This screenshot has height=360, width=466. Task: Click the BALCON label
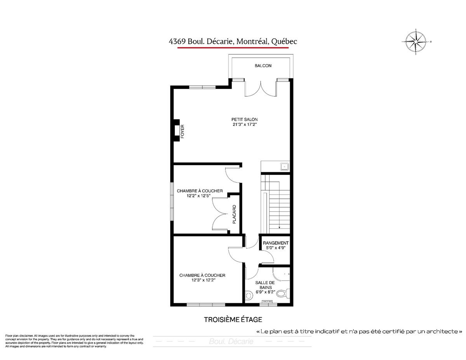click(263, 66)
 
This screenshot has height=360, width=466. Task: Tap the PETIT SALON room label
click(244, 119)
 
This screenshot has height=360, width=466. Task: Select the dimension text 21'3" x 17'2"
click(244, 125)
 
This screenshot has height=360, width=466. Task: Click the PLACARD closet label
click(234, 214)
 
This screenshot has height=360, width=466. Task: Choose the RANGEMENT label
click(275, 243)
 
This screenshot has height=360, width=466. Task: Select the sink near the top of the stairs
click(284, 167)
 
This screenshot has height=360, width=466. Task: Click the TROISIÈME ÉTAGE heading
click(233, 320)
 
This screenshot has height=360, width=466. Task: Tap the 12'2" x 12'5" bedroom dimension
click(200, 196)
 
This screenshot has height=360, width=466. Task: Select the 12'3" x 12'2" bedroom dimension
click(202, 280)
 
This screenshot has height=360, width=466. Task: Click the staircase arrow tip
click(279, 228)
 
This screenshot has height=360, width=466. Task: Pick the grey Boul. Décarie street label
click(231, 342)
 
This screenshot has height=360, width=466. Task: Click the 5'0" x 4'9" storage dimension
click(275, 248)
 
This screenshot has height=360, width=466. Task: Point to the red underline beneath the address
click(233, 48)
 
